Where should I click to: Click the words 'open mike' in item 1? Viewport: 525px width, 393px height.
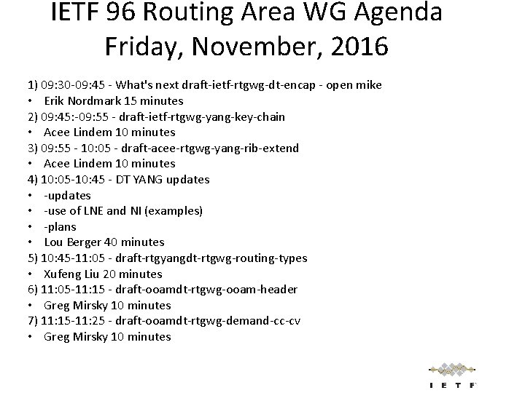point(356,85)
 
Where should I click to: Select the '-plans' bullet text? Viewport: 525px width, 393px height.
point(60,226)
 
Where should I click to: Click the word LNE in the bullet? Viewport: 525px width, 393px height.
point(94,210)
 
